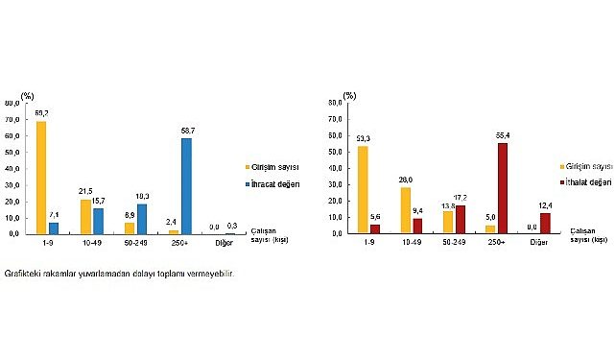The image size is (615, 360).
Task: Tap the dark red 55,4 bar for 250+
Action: pyautogui.click(x=503, y=187)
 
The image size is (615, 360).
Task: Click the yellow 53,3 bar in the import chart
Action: pyautogui.click(x=363, y=189)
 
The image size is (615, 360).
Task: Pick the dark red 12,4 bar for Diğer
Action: pyautogui.click(x=546, y=223)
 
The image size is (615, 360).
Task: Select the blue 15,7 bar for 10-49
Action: pyautogui.click(x=99, y=221)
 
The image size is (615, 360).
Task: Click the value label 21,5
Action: pyautogui.click(x=84, y=191)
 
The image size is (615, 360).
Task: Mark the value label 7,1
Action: pyautogui.click(x=55, y=215)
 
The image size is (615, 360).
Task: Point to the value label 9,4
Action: pyautogui.click(x=418, y=211)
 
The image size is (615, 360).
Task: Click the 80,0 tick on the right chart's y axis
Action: pyautogui.click(x=336, y=101)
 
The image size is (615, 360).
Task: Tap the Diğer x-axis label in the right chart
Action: pyautogui.click(x=539, y=244)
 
